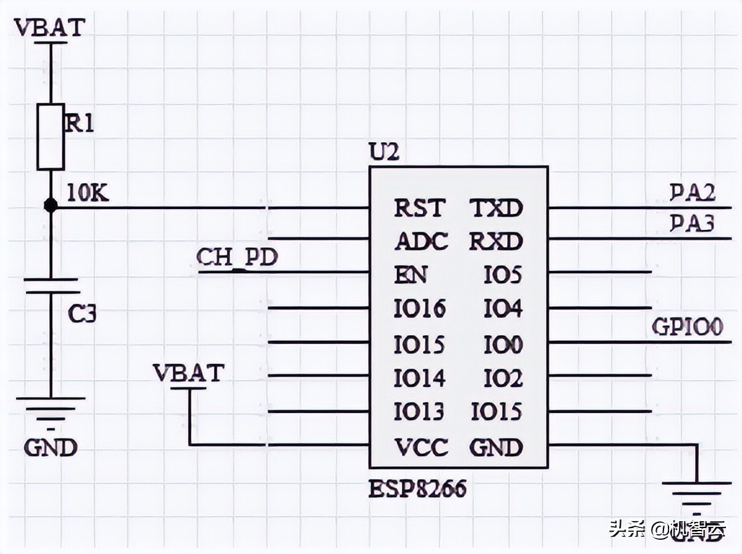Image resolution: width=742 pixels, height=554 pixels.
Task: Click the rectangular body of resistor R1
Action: click(x=51, y=137)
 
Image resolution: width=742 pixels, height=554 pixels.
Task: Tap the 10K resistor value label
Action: click(x=87, y=194)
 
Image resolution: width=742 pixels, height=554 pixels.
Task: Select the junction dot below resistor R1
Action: click(x=51, y=206)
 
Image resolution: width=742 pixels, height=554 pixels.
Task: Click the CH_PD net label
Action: click(x=237, y=257)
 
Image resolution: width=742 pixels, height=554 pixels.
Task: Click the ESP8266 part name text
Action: click(x=417, y=490)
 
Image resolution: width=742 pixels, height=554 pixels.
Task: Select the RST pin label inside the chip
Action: click(x=419, y=208)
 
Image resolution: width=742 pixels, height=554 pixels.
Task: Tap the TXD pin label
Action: click(x=496, y=208)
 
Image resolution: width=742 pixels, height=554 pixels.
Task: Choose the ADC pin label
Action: click(x=421, y=241)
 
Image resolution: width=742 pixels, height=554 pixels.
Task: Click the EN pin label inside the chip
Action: click(x=411, y=275)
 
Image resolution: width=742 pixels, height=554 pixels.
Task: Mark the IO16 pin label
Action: click(x=420, y=308)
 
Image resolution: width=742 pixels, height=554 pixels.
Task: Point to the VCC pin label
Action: click(x=421, y=447)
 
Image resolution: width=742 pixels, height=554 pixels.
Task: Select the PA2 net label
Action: click(x=693, y=194)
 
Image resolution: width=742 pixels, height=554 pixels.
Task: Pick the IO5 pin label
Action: click(x=503, y=275)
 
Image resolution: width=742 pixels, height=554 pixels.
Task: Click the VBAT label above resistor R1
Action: click(x=49, y=28)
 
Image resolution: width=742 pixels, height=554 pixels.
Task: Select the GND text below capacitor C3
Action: click(x=51, y=447)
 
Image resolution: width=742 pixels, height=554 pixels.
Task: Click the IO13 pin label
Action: click(x=420, y=412)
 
